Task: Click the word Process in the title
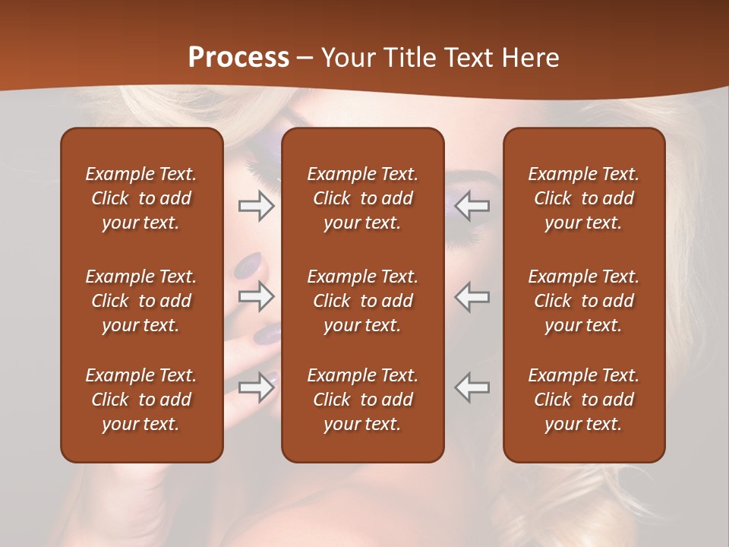[238, 58]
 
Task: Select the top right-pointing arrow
[257, 206]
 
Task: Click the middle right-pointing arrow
[257, 296]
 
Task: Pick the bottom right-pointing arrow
[257, 387]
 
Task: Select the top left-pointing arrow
[472, 206]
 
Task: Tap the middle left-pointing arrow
[472, 296]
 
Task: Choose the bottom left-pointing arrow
[472, 387]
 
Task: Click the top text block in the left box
[141, 198]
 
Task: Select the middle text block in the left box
[141, 301]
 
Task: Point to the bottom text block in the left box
[141, 400]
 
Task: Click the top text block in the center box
[362, 198]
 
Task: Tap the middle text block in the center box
[362, 301]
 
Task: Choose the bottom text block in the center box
[362, 400]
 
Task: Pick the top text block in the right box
[584, 198]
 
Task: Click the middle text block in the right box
[584, 301]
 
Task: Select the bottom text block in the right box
[584, 400]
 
